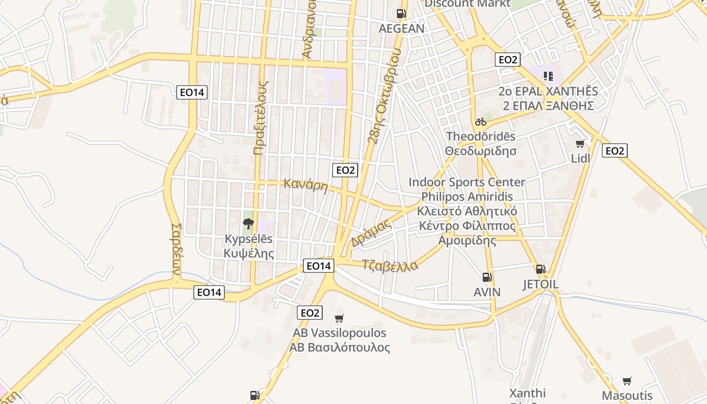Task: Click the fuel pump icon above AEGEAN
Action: [401, 14]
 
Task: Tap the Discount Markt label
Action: [467, 4]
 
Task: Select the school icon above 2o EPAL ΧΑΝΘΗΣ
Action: [548, 76]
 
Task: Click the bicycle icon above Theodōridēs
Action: [480, 122]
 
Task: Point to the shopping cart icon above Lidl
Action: [580, 144]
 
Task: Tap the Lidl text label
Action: [580, 158]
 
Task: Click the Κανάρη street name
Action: [306, 185]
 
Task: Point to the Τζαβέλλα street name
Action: [390, 265]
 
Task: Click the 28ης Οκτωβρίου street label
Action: [384, 96]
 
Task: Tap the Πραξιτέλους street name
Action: [261, 117]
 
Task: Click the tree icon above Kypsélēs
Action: [248, 223]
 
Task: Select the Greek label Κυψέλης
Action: [249, 253]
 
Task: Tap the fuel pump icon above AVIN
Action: [487, 277]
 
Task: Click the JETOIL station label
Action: [540, 284]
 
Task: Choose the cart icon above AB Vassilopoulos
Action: [339, 318]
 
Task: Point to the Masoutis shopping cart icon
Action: [627, 381]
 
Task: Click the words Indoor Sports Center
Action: [467, 182]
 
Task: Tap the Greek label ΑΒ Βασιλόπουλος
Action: [339, 347]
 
